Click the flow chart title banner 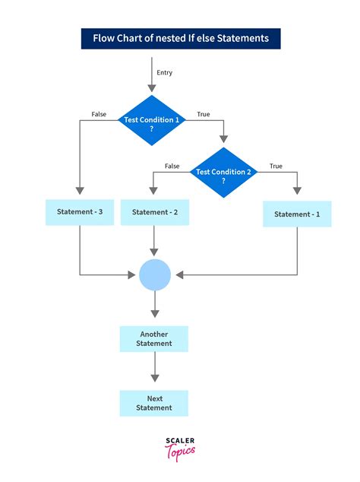coord(180,38)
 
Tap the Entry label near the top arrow coord(165,73)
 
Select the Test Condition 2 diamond coord(224,173)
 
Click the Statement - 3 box coord(80,212)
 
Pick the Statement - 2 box coord(155,213)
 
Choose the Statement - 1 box coord(297,214)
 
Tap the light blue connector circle coord(155,274)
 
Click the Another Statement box coord(154,339)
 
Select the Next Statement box coord(154,403)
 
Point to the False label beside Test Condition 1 coord(99,115)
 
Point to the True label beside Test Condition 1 coord(204,115)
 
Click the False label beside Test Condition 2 coord(172,166)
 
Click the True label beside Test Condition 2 coord(275,166)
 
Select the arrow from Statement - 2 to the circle coord(155,241)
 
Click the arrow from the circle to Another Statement coord(155,306)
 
